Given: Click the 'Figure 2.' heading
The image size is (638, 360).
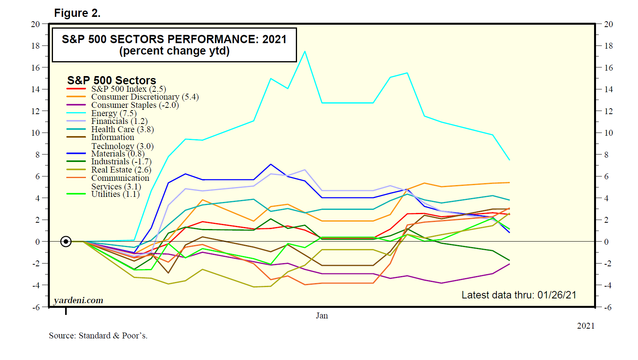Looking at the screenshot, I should (x=77, y=13).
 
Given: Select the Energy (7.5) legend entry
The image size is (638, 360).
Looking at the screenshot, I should (x=114, y=113).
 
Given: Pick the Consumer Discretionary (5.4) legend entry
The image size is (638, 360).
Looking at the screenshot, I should (x=145, y=97).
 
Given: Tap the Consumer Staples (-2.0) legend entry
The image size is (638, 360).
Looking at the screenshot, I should (x=135, y=105).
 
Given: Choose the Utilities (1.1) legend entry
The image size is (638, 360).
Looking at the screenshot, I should (x=115, y=194).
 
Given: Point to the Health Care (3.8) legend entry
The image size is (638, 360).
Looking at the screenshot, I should (x=122, y=129).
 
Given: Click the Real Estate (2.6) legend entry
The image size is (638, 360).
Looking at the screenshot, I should (x=121, y=170).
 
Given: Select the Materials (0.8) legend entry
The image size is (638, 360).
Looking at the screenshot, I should (x=118, y=154).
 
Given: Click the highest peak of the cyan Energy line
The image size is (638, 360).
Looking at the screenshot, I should (x=305, y=51).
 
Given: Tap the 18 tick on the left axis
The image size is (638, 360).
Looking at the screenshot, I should (x=36, y=46).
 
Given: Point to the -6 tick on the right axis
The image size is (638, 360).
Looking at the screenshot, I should (x=607, y=307).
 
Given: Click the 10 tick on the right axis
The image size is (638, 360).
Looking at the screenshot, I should (x=608, y=133).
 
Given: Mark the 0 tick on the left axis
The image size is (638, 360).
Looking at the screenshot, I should (x=38, y=242).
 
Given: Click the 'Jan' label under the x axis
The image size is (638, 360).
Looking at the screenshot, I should (x=322, y=316).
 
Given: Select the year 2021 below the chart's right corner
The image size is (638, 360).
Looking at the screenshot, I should (x=585, y=326).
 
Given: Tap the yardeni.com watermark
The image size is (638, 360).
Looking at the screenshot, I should (x=78, y=300).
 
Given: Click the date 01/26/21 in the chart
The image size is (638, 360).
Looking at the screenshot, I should (x=557, y=295).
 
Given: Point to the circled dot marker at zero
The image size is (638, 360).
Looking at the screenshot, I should (x=66, y=242).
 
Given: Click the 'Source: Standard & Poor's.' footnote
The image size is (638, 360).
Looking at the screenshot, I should (x=98, y=336).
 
